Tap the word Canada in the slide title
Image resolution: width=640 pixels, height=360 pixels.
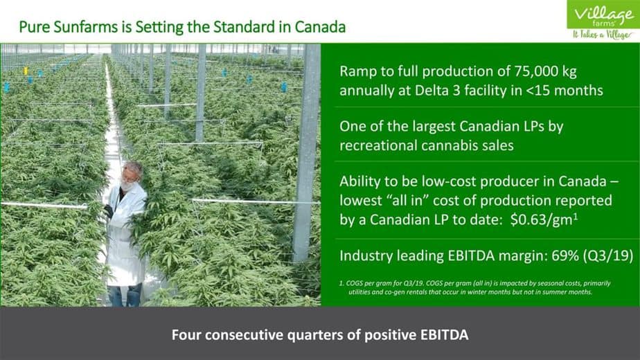tap(320, 27)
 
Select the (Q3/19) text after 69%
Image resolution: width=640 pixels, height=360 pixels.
tap(608, 256)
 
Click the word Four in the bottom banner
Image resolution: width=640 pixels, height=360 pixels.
tap(186, 335)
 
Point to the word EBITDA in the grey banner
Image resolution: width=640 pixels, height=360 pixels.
tap(445, 335)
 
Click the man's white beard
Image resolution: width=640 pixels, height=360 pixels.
tap(127, 186)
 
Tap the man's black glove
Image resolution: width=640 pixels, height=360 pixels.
tap(108, 211)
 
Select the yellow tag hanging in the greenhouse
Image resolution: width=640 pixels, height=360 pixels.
tap(26, 71)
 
